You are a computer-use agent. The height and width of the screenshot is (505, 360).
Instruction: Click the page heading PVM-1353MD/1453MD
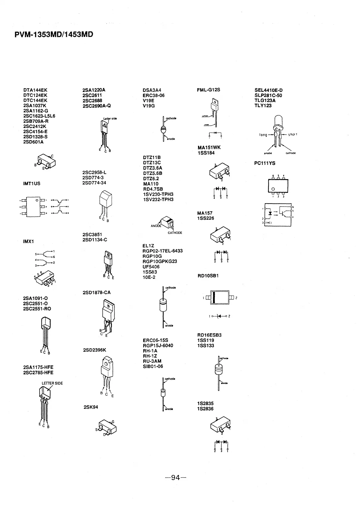(54, 35)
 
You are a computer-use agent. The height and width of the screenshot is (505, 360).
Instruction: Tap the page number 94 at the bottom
(176, 478)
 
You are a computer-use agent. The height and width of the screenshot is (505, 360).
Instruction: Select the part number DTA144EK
(35, 90)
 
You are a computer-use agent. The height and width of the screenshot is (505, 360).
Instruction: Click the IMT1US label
(32, 184)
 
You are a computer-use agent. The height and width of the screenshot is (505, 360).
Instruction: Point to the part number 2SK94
(91, 407)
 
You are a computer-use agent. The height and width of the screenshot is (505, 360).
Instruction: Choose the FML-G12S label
(208, 90)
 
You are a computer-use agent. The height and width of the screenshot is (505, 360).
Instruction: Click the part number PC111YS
(265, 163)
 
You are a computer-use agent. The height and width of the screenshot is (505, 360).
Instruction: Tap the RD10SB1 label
(208, 276)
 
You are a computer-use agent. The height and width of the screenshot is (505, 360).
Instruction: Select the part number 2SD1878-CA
(96, 293)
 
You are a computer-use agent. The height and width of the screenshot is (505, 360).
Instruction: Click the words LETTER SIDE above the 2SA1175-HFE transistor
(52, 383)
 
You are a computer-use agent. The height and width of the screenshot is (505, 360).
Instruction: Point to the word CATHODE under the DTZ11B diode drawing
(175, 233)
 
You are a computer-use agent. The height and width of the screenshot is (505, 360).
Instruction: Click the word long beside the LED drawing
(263, 135)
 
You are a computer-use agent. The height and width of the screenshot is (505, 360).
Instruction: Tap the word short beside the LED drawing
(292, 135)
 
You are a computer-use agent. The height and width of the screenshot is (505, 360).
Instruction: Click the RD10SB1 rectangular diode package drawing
(221, 298)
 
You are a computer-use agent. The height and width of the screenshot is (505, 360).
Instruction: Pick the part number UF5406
(151, 267)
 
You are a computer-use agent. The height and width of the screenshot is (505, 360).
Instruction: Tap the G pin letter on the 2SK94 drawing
(113, 422)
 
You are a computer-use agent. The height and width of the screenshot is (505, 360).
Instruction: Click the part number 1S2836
(205, 409)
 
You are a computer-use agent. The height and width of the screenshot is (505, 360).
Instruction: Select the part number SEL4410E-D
(268, 90)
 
